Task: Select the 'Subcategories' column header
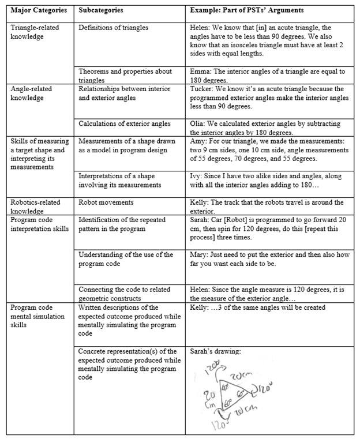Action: click(101, 11)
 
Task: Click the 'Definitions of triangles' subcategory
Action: click(113, 27)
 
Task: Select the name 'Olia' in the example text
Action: click(198, 123)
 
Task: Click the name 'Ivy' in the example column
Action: click(197, 175)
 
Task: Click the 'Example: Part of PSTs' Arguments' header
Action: click(249, 11)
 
